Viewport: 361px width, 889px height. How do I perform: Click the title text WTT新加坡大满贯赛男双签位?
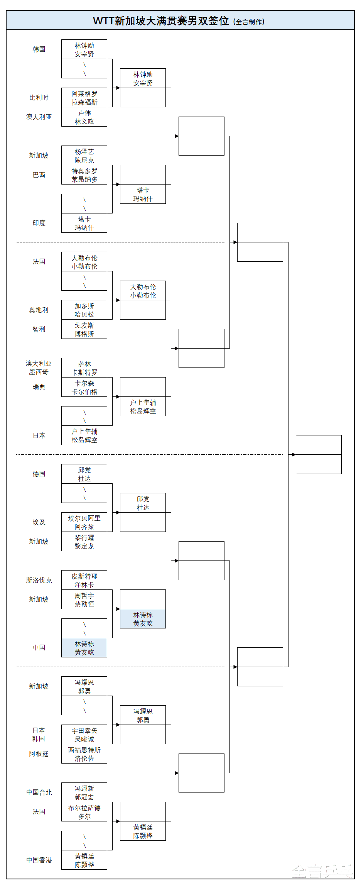[x=161, y=21]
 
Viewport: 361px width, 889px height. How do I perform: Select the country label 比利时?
[x=39, y=98]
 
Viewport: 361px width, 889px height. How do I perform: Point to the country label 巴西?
[x=39, y=175]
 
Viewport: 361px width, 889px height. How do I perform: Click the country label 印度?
[x=39, y=223]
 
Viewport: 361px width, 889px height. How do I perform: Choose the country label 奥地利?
[x=39, y=310]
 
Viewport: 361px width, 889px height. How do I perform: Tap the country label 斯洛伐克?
[x=39, y=580]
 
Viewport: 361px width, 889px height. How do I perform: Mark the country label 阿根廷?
[x=39, y=754]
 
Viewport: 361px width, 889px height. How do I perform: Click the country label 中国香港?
[x=39, y=860]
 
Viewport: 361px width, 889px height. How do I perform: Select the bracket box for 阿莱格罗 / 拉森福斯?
[x=84, y=98]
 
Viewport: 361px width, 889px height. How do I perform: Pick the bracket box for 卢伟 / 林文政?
[x=84, y=117]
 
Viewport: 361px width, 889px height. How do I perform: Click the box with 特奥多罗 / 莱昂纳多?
[x=84, y=175]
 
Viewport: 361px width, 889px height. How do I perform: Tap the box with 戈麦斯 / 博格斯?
[x=84, y=329]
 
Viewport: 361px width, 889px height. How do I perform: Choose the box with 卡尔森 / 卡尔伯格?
[x=84, y=387]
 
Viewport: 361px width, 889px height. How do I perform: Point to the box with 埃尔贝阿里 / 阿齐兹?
[x=84, y=522]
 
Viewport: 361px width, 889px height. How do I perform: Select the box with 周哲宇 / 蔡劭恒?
[x=84, y=599]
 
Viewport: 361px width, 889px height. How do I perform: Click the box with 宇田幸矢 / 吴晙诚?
[x=84, y=735]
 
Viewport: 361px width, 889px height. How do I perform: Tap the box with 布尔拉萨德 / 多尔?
[x=84, y=812]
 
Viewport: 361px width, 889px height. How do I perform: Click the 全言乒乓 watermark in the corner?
[x=322, y=872]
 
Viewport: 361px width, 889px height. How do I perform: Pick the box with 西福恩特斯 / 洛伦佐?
[x=84, y=754]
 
